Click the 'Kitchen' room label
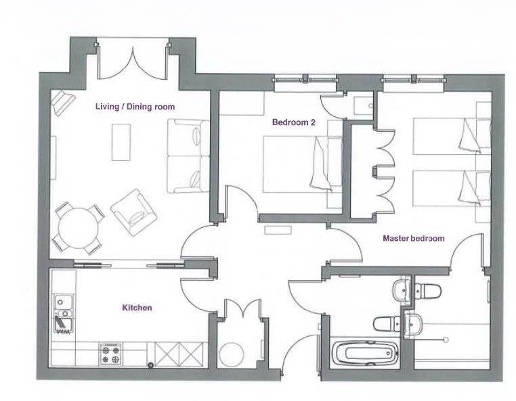click(x=137, y=308)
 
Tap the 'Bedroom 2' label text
click(x=293, y=122)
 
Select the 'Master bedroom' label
click(x=414, y=238)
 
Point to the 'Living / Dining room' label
click(x=135, y=106)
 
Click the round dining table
click(x=79, y=228)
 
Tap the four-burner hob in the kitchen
click(x=110, y=354)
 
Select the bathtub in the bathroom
click(x=365, y=354)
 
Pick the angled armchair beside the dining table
click(x=134, y=212)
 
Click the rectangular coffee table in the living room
click(x=121, y=142)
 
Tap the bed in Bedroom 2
click(x=303, y=164)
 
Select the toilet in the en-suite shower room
click(x=427, y=291)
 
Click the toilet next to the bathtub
click(x=387, y=324)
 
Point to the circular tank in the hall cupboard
click(x=232, y=354)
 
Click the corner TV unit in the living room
click(x=63, y=103)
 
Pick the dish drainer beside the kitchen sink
click(x=63, y=325)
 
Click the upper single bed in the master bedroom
click(x=452, y=136)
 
